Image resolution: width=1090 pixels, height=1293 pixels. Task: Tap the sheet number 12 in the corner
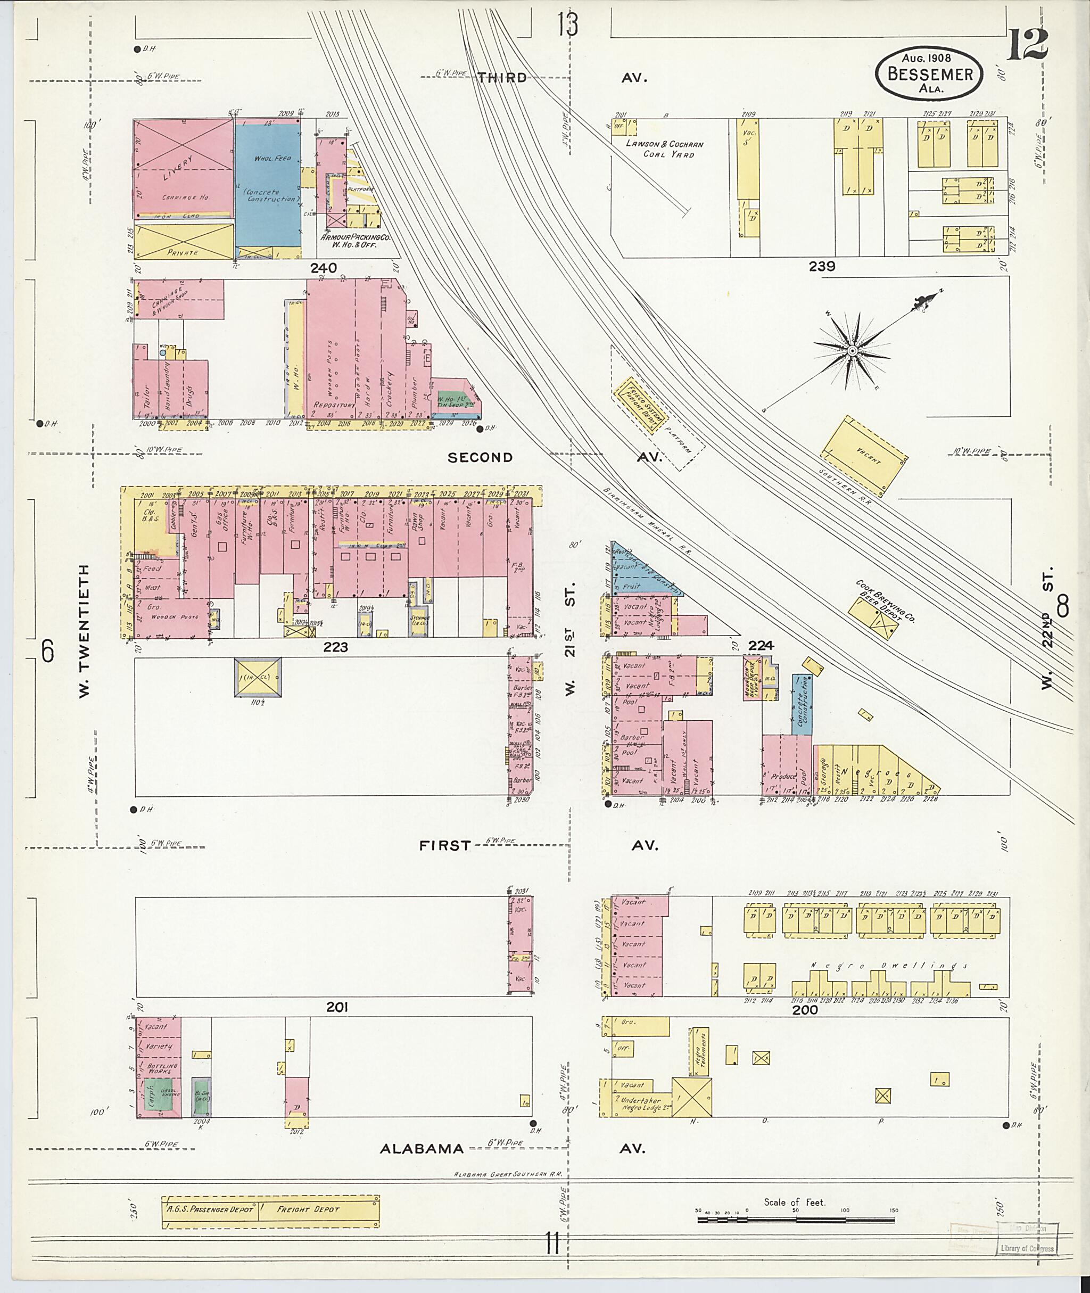tap(1027, 45)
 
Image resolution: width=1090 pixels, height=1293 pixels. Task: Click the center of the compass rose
tap(852, 350)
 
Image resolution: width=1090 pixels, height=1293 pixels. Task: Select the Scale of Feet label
tap(794, 1202)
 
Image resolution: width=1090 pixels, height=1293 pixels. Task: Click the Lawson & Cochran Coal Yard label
tap(664, 149)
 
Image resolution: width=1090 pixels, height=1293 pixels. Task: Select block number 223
tap(335, 647)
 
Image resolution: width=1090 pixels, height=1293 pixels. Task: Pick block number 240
tap(323, 268)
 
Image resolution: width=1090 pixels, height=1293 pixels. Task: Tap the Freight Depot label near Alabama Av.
tap(308, 1209)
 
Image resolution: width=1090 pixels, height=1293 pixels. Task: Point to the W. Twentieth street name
tap(84, 630)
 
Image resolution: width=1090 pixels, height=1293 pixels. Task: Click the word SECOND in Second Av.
tap(480, 457)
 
